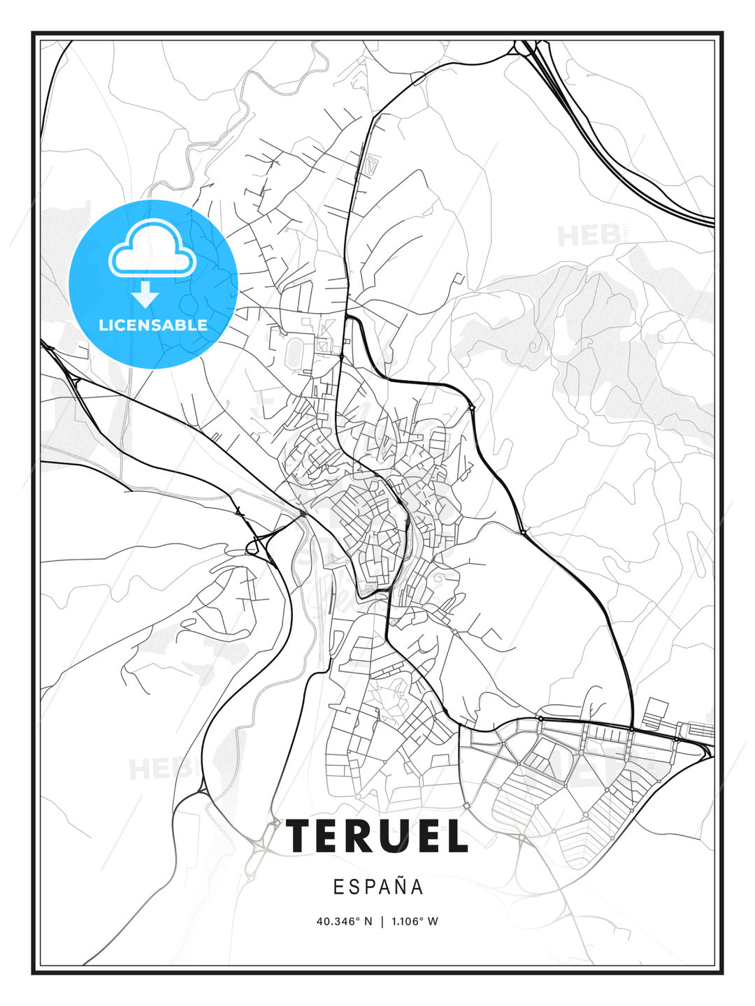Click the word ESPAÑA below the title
(x=377, y=887)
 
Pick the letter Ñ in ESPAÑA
(x=401, y=887)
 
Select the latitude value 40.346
(x=336, y=921)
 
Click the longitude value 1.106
(x=403, y=921)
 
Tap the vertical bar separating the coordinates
(x=382, y=921)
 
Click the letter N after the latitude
(x=368, y=921)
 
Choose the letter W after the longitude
(x=433, y=921)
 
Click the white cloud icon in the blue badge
(x=152, y=249)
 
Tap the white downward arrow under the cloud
(x=145, y=295)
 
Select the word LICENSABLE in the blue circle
(x=153, y=325)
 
